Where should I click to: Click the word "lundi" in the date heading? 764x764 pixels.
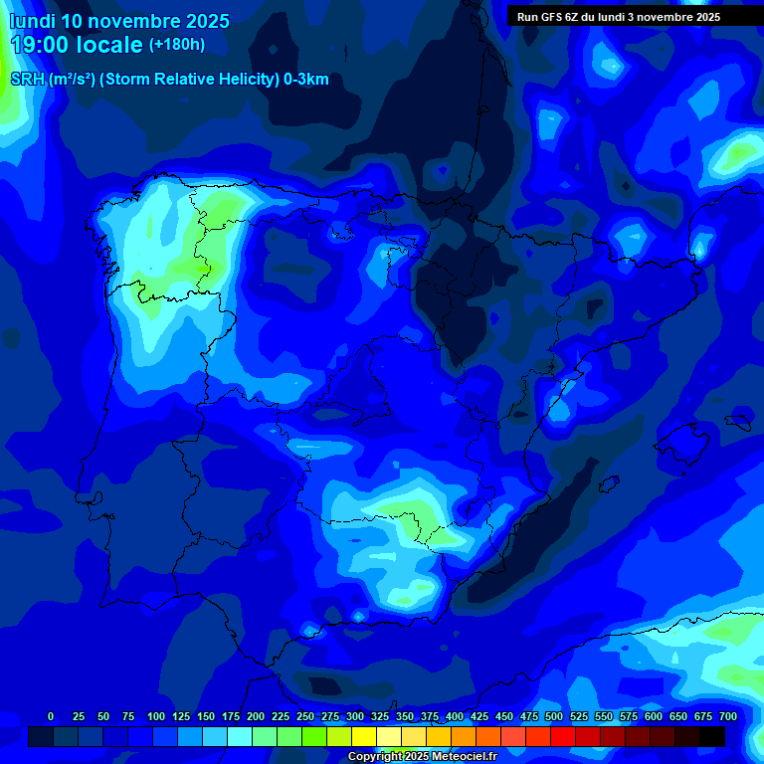32,21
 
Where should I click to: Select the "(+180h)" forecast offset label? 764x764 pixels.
176,44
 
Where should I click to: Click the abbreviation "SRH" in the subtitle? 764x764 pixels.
28,80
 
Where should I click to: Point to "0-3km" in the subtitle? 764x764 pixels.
306,80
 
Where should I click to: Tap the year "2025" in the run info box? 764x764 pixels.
703,17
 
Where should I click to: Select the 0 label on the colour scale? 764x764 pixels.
51,716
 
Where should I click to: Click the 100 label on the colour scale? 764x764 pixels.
156,716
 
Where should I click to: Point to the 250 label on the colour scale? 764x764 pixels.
305,716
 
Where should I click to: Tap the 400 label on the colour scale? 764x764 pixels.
455,716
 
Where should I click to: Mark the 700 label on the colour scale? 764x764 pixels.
728,716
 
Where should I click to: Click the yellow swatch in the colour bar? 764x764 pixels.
364,736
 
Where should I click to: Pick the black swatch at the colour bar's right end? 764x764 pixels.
712,736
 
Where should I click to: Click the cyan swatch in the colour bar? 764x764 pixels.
240,736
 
